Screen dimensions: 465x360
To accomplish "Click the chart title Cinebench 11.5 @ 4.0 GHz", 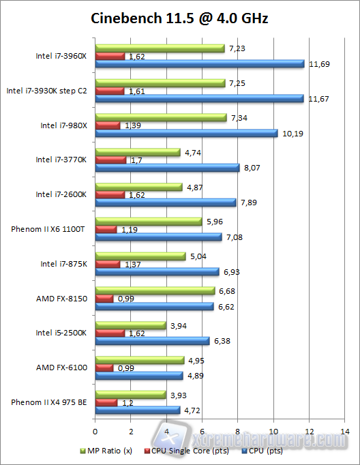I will (179, 18).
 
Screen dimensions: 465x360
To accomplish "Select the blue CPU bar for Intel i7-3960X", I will (200, 64).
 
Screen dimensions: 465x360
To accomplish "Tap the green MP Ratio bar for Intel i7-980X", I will (161, 118).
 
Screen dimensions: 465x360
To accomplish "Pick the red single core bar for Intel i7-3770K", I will (111, 160).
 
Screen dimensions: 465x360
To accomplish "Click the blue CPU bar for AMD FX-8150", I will (155, 307).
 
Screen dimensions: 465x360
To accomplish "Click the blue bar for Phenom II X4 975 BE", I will (138, 410).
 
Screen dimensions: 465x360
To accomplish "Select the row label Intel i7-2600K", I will (61, 194).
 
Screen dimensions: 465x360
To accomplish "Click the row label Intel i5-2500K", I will (61, 333).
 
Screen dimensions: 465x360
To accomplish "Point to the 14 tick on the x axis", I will (346, 430).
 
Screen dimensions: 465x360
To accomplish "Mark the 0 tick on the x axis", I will (95, 430).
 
